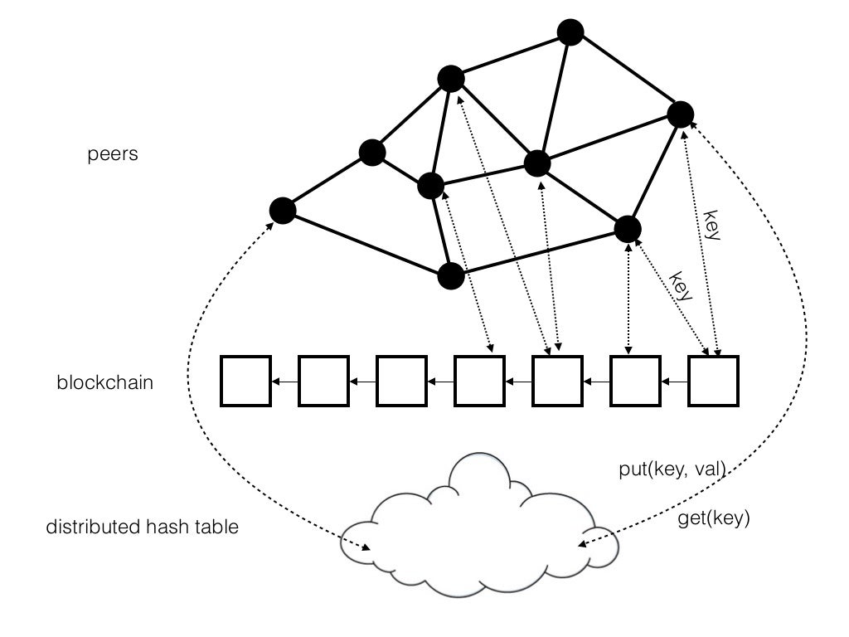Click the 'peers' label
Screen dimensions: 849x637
113,154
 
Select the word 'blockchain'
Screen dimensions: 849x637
105,382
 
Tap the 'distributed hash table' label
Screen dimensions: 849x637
143,527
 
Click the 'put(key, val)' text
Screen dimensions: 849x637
672,469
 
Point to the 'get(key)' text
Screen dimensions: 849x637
714,518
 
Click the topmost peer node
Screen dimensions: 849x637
570,32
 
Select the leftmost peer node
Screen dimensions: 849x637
283,211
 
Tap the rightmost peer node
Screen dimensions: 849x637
680,114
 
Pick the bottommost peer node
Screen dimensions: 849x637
451,275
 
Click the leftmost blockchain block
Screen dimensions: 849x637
245,381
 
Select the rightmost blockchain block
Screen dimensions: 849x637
713,381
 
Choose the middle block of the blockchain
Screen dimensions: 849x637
480,381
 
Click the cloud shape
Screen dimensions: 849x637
479,585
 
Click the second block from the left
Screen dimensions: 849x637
324,381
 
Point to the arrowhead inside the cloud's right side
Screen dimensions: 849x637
583,543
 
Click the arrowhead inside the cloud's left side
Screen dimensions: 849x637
366,547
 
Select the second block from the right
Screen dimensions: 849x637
635,381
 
